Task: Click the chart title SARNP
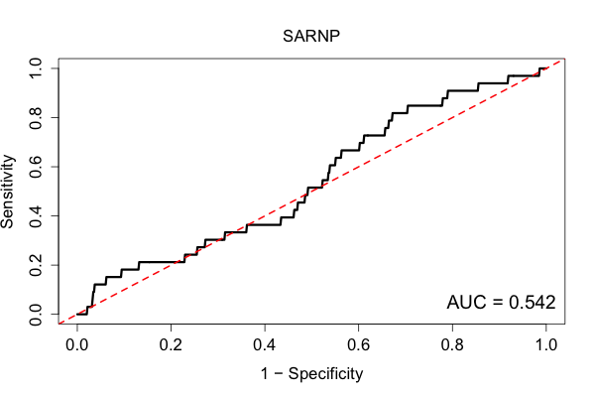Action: (x=311, y=36)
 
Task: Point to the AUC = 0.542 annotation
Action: (x=501, y=303)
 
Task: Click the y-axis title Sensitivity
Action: (x=7, y=192)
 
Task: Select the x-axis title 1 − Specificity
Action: (x=311, y=374)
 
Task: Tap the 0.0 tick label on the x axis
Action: (x=77, y=345)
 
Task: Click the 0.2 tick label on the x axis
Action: (x=171, y=345)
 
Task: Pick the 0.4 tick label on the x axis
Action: (x=265, y=345)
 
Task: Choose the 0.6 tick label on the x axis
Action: (x=358, y=345)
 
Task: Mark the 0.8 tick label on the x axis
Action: (x=452, y=345)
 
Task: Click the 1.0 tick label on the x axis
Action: (x=546, y=345)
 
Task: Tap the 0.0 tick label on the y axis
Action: (x=36, y=315)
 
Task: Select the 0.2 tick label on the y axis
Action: (x=36, y=265)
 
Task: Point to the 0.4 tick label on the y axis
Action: (x=36, y=215)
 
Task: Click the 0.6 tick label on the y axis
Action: (x=36, y=167)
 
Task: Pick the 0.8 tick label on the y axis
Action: (x=36, y=118)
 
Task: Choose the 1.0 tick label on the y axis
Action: (x=36, y=68)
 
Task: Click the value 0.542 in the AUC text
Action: (x=532, y=303)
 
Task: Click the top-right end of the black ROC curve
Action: (x=546, y=68)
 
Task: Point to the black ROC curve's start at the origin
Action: (x=77, y=315)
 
